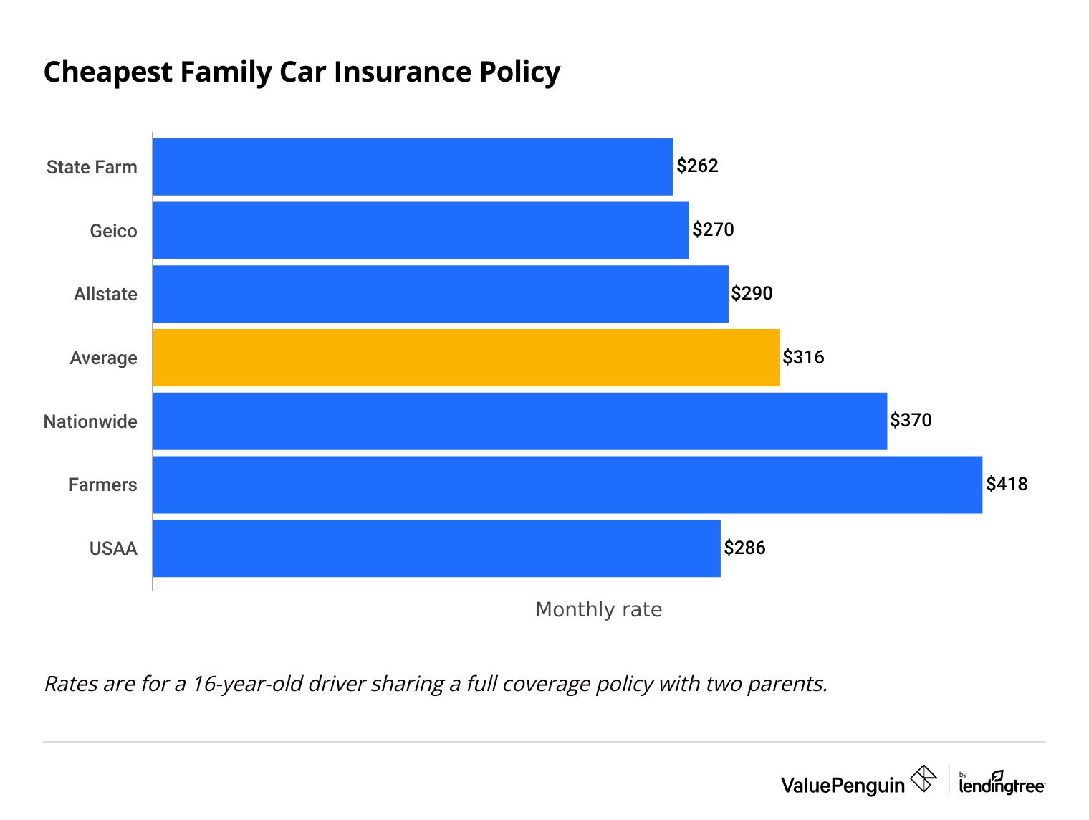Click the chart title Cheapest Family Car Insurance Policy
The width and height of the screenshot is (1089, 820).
302,72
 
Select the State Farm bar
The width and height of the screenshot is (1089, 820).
413,166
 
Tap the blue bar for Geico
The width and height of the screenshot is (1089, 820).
421,230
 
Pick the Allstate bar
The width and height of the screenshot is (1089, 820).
441,294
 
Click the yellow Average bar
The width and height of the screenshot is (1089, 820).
466,357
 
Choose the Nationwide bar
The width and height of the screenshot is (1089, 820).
520,421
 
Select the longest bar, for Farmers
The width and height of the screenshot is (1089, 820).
567,485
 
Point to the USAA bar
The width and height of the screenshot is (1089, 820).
436,548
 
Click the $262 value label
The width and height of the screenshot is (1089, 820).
697,166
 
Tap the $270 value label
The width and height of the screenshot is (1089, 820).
713,230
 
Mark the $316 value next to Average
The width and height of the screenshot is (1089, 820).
803,357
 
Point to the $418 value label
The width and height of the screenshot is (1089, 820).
1007,485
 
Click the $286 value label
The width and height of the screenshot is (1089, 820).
744,548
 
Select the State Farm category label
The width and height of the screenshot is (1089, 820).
92,167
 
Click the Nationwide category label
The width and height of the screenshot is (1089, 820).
90,421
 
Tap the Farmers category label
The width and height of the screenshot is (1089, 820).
102,485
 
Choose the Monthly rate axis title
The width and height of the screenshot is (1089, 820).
599,609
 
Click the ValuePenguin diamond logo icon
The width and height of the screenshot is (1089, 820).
924,778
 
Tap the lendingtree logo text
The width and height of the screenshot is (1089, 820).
1002,786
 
